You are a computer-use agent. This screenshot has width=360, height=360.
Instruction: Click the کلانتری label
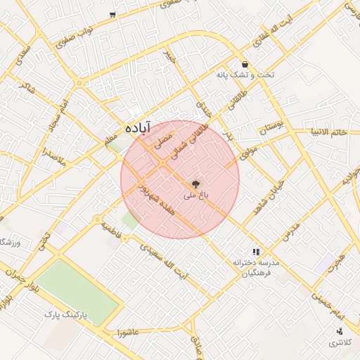tap(342, 343)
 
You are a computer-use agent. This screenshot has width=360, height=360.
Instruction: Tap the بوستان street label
tap(272, 129)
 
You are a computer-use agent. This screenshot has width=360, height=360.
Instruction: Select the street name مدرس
tap(292, 229)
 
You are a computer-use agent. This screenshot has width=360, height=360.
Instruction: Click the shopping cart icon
tap(112, 15)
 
